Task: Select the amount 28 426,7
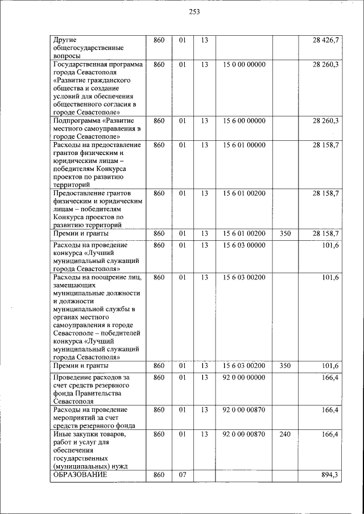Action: tap(326, 40)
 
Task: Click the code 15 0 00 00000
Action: tap(244, 65)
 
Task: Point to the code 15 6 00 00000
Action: tap(244, 121)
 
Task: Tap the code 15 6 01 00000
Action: tap(244, 145)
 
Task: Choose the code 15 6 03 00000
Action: tap(244, 245)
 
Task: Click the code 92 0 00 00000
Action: tap(244, 377)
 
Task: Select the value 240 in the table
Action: tap(285, 434)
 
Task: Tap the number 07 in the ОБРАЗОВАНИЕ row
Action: tap(183, 475)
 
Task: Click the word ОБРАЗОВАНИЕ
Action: tap(80, 475)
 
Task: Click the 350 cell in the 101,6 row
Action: tap(285, 366)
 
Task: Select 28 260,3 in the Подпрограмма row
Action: tap(326, 121)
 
